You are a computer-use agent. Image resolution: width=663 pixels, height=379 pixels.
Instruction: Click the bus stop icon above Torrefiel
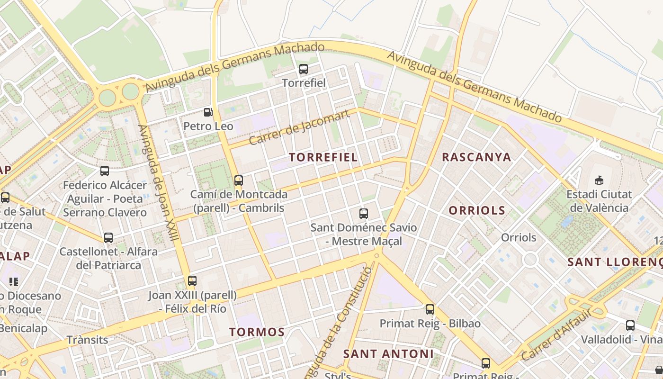[x=304, y=69]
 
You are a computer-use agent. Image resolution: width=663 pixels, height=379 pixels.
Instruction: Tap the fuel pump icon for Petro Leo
[x=208, y=112]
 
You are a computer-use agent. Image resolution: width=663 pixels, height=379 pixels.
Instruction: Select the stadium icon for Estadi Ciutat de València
[x=599, y=180]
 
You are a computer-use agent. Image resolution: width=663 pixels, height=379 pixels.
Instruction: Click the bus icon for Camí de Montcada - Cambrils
[x=239, y=180]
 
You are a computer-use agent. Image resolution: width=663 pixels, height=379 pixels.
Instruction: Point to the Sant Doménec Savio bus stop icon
[x=363, y=214]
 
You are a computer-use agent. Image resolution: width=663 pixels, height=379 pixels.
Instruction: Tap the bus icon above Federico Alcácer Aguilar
[x=105, y=171]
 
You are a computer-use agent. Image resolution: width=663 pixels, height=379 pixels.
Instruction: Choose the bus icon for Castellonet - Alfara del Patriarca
[x=108, y=238]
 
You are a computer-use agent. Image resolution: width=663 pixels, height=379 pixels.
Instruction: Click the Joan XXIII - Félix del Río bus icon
[x=192, y=281]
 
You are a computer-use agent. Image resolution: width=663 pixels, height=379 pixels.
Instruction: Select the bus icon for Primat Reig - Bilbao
[x=430, y=309]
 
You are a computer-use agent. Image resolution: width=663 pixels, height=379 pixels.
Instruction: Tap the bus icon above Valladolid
[x=630, y=325]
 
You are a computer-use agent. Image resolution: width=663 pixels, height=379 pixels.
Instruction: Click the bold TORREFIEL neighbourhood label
[x=323, y=157]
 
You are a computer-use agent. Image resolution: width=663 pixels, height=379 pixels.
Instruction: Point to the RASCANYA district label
[x=476, y=157]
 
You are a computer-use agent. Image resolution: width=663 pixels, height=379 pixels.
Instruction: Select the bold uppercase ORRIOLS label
[x=476, y=210]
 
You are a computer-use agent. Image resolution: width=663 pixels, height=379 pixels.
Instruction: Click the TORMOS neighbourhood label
[x=257, y=332]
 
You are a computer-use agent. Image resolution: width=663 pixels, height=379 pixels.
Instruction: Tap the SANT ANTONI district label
[x=388, y=354]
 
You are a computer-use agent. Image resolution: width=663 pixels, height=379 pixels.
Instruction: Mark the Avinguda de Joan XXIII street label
[x=159, y=182]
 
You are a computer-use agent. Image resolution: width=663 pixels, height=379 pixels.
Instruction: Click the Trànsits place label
[x=87, y=340]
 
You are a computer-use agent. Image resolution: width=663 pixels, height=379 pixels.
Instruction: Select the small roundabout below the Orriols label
[x=530, y=259]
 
